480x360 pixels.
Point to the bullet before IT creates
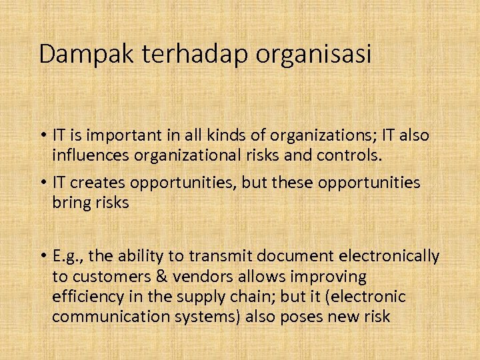point(41,183)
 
